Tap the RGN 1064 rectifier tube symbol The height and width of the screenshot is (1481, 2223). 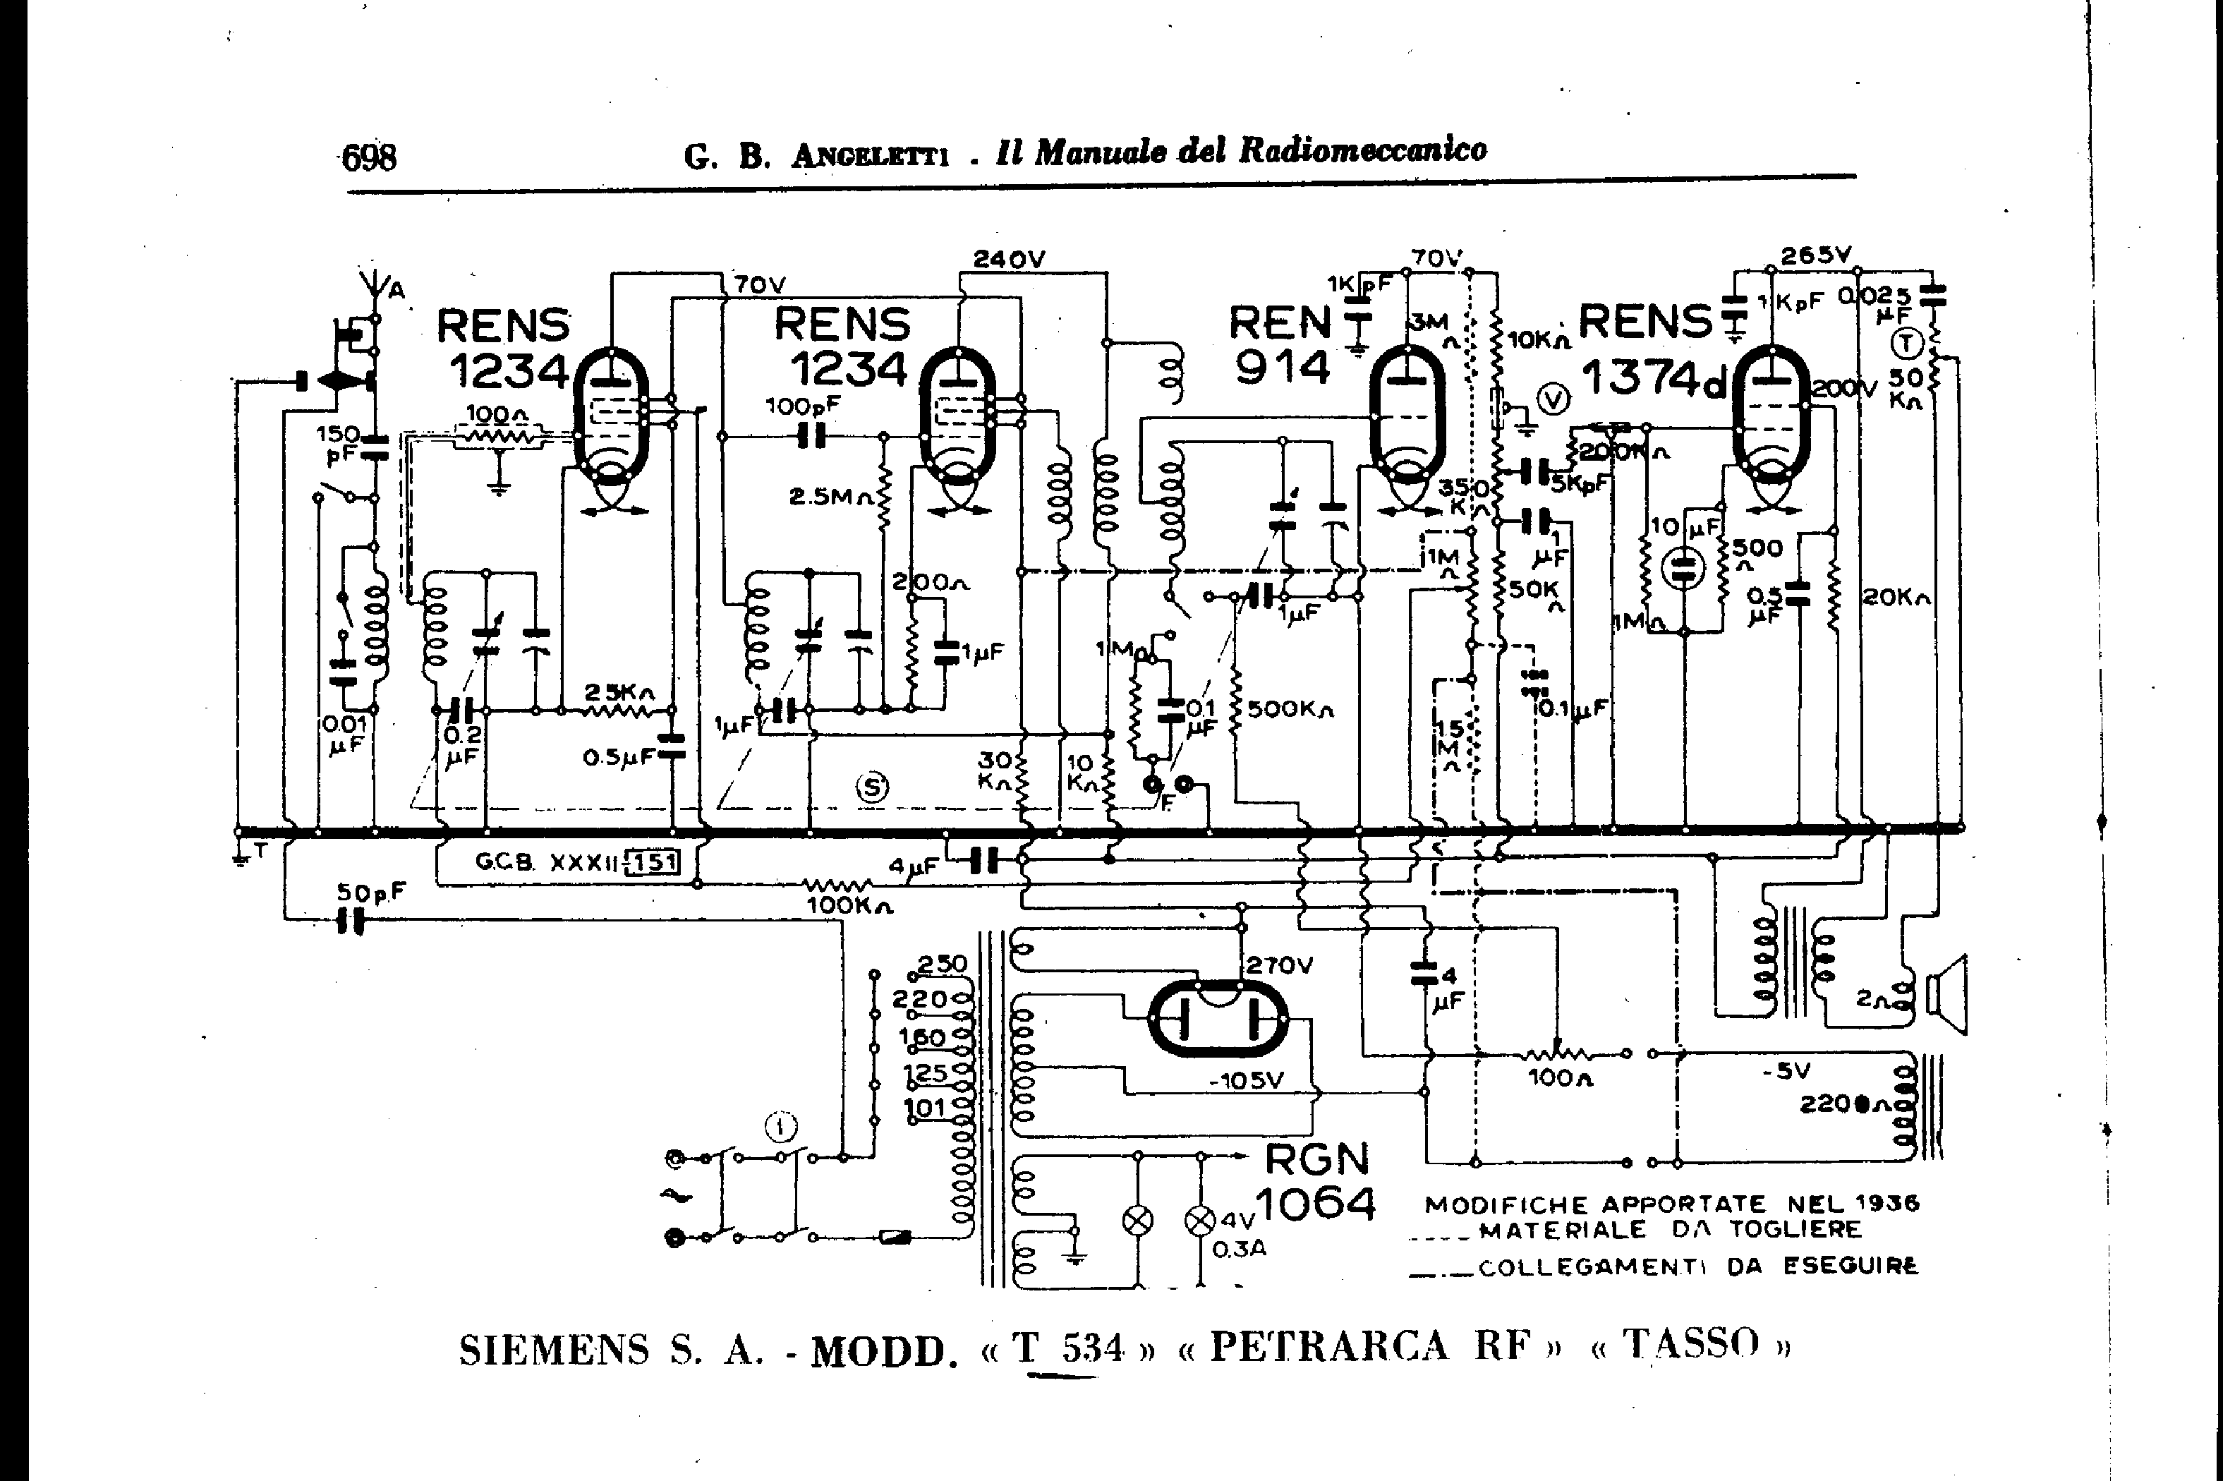(1219, 1019)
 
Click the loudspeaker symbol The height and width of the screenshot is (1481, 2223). (1947, 996)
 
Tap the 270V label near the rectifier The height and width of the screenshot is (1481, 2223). (1280, 965)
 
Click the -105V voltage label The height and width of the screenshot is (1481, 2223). (1247, 1080)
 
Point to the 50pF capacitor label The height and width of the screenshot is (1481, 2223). (371, 892)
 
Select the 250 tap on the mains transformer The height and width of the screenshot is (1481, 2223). (942, 965)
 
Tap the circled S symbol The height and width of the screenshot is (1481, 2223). (872, 787)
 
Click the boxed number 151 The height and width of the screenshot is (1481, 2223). (653, 862)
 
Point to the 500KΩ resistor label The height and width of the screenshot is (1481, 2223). (1289, 708)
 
